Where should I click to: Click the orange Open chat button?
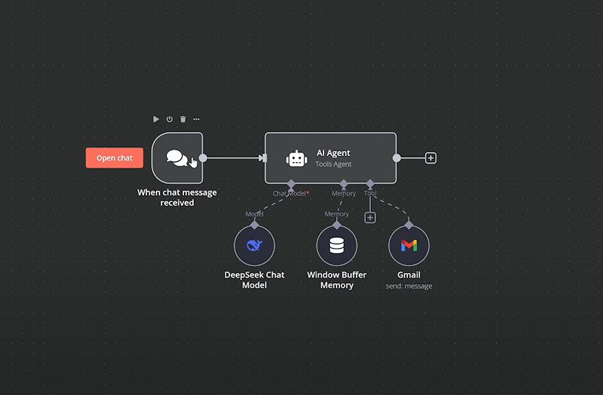pos(114,158)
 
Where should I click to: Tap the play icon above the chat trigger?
pos(156,119)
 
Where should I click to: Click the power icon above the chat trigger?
pos(170,119)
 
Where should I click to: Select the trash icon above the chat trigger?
pos(183,119)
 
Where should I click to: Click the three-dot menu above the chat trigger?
pos(196,119)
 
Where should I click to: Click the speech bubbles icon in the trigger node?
pos(177,158)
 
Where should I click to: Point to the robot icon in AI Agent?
pos(297,159)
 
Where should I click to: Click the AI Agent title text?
pos(333,153)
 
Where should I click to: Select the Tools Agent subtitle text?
pos(333,164)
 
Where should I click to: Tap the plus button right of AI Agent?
pos(431,158)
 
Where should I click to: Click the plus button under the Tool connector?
pos(369,218)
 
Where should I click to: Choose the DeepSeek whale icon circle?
pos(254,246)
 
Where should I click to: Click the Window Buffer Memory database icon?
pos(337,246)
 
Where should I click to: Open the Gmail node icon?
pos(409,246)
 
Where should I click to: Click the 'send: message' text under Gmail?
pos(409,286)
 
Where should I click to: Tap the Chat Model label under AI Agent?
pos(290,194)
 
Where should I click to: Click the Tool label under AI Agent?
pos(370,194)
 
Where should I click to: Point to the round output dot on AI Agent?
pos(396,158)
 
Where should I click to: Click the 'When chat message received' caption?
pos(177,198)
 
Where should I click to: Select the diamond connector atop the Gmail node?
pos(409,225)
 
